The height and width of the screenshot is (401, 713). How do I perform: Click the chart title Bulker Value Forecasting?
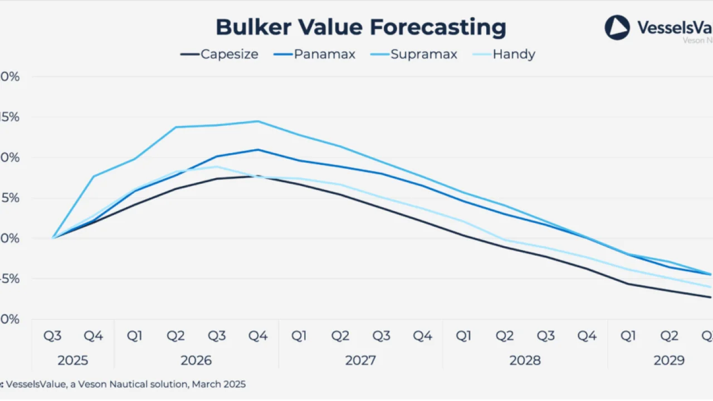tap(360, 27)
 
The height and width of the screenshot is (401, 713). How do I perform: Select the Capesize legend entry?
tap(219, 54)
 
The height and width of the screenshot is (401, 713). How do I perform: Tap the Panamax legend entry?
tap(315, 54)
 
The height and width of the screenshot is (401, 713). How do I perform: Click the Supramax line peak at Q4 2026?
tap(258, 121)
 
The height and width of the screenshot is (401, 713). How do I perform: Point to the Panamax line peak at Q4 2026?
tap(258, 149)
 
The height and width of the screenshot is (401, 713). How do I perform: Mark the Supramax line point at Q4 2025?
tap(94, 176)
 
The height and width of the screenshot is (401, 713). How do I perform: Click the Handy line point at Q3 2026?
tap(217, 167)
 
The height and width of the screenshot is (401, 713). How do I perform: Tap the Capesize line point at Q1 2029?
tap(628, 283)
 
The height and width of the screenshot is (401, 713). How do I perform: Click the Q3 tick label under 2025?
tap(52, 336)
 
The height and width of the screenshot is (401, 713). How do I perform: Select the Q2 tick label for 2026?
tap(176, 336)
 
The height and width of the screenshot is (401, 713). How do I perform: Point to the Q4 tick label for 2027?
tap(423, 336)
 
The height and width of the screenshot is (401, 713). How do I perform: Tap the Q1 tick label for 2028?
tap(463, 336)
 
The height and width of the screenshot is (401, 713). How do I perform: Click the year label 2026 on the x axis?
tap(196, 360)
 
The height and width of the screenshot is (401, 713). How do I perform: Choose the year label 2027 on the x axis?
tap(360, 360)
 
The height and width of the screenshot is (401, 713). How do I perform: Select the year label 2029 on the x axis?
tap(669, 360)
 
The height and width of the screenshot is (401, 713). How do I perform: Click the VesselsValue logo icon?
tap(617, 27)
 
